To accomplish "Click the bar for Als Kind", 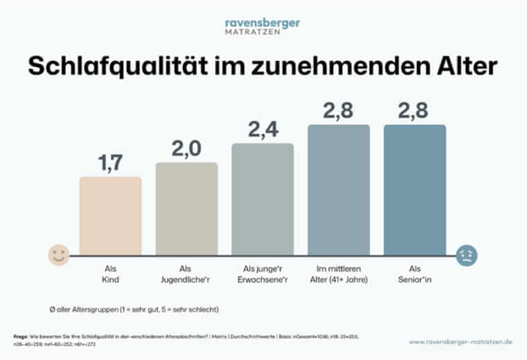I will [x=110, y=216].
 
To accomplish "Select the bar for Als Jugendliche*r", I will [x=187, y=209].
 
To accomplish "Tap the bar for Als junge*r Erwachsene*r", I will [x=263, y=199].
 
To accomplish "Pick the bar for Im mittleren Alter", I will [x=339, y=190].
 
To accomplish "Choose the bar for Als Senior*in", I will [x=415, y=190].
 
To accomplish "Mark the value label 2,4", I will [x=263, y=129].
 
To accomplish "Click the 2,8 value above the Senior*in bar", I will [x=415, y=110].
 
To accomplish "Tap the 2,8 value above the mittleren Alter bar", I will [x=339, y=110].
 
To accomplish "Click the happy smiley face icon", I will [x=58, y=255].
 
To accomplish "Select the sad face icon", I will [x=467, y=255].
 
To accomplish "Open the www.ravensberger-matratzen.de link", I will [x=459, y=342].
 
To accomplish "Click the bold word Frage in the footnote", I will [x=20, y=335].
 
